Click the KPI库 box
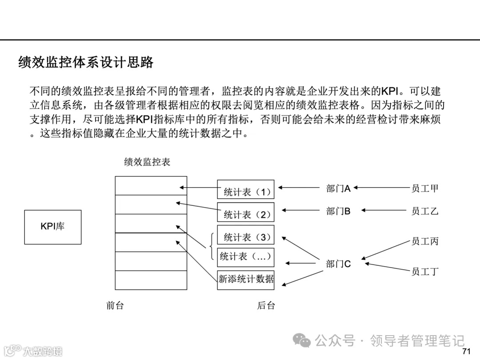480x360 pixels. point(53,227)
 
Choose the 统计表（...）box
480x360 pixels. point(246,256)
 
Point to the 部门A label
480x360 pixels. point(338,189)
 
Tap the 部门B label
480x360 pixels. point(338,211)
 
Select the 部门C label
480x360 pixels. point(338,264)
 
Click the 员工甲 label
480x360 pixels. point(425,188)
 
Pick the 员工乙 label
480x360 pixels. point(425,211)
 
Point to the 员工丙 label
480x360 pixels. point(425,241)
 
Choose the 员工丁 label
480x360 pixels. point(425,271)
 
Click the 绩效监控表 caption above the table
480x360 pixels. point(147,162)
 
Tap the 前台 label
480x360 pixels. point(115,305)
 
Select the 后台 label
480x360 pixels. point(266,305)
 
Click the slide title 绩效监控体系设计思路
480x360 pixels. point(86,62)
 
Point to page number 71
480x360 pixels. point(466,352)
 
